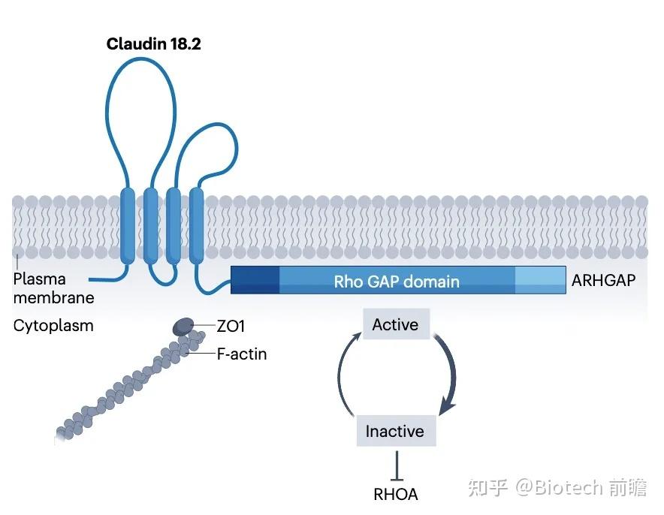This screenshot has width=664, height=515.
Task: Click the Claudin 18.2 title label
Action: pos(153,44)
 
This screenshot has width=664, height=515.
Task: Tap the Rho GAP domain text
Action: pos(397,282)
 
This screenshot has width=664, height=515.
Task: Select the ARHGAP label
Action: pos(603,281)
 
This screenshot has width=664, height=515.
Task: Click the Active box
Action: pos(395,325)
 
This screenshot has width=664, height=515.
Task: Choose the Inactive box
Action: pos(394,431)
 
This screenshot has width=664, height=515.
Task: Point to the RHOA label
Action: pos(395,494)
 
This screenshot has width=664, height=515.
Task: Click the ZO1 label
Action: pos(231,327)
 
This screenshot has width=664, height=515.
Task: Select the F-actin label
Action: pos(241,354)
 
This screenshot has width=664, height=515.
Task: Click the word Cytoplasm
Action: pos(53,326)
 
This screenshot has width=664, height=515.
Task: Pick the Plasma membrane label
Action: pos(53,288)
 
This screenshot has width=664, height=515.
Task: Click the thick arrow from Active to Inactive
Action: pos(449,375)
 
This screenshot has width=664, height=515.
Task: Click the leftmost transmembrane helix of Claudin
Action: pos(127,225)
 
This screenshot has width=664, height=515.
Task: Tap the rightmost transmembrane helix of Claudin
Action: pos(197,225)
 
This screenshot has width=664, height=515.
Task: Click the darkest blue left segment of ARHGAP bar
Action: pos(255,280)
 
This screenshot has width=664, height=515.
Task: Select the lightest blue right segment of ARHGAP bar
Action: pos(539,280)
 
